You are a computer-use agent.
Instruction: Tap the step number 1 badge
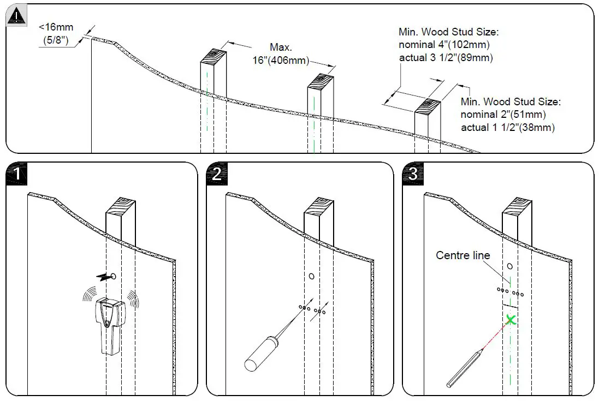[x=17, y=174]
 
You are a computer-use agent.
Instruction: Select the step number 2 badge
[x=217, y=174]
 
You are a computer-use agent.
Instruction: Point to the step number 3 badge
[x=413, y=174]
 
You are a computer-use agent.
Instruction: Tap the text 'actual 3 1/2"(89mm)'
[x=446, y=58]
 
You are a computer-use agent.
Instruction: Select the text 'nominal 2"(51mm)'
[x=503, y=115]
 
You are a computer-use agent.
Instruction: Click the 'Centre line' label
[x=462, y=255]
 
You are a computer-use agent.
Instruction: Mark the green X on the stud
[x=510, y=320]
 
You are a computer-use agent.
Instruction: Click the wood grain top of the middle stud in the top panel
[x=321, y=81]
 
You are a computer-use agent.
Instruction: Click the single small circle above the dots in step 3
[x=509, y=267]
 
